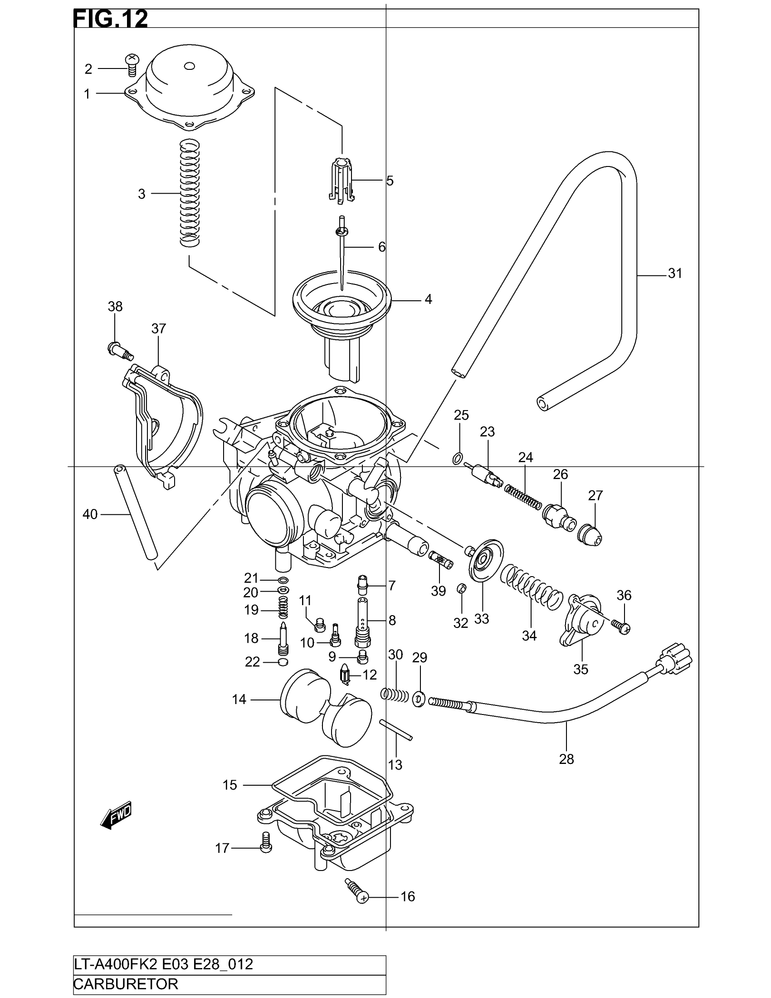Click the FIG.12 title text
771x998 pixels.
(x=111, y=20)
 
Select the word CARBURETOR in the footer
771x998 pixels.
(x=126, y=983)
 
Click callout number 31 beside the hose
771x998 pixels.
(x=675, y=273)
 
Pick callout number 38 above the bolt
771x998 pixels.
(x=115, y=306)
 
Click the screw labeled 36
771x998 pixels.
(x=623, y=627)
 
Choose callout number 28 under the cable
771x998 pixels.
(x=566, y=759)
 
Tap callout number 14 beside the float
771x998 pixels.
(x=239, y=699)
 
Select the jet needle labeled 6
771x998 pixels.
(x=342, y=256)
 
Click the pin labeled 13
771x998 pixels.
(x=396, y=729)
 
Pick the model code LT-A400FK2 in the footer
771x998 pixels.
(x=114, y=964)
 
